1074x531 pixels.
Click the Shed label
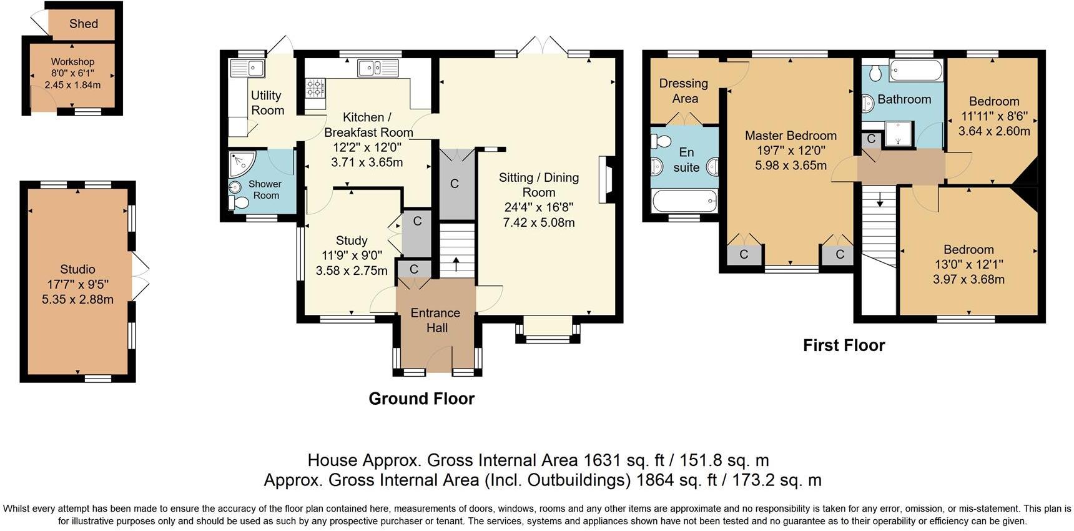[83, 24]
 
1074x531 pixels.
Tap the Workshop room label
[72, 62]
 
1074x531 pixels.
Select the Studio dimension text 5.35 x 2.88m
[77, 299]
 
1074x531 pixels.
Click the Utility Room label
[267, 103]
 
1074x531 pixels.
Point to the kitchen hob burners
[315, 88]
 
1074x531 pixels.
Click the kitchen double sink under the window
[378, 67]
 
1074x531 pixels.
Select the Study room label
[352, 241]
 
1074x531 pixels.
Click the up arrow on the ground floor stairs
[455, 264]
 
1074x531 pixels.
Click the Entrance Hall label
[436, 320]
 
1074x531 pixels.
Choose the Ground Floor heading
[421, 399]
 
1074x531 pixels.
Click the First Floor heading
[844, 345]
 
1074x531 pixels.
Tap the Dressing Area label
[684, 91]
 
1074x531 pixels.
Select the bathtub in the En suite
[684, 201]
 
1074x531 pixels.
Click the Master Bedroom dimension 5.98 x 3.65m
[791, 166]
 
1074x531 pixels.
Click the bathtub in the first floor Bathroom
[916, 71]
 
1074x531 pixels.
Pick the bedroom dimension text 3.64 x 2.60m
[994, 131]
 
